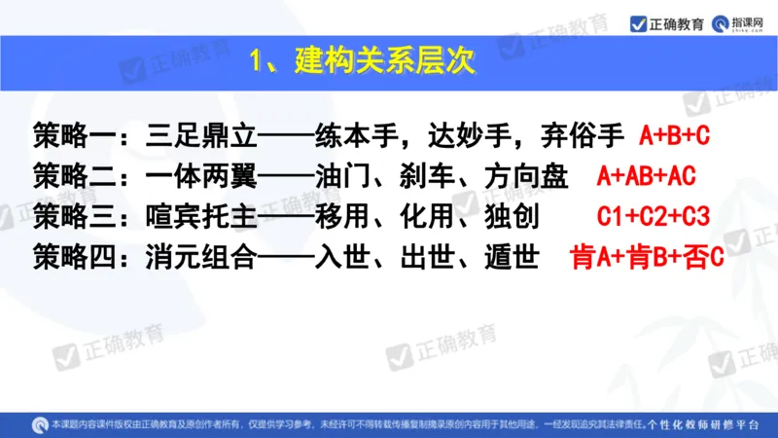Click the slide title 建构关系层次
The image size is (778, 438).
(x=374, y=63)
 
